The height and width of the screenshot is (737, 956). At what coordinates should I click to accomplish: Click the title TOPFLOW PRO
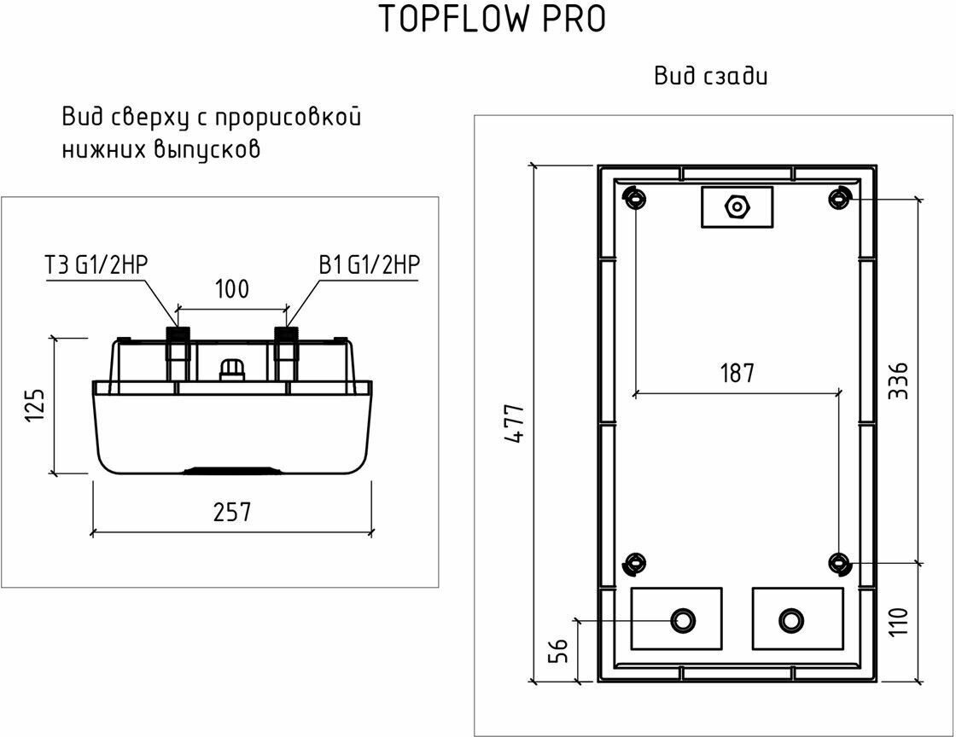point(493,20)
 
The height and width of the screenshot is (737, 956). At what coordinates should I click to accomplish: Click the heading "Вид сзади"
point(711,76)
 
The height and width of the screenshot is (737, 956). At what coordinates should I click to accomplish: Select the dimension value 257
point(231,512)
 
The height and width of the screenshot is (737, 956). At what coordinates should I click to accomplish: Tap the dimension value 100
point(231,289)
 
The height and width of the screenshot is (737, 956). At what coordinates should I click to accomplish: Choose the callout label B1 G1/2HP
point(370,264)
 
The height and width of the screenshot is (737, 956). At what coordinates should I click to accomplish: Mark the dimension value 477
point(514,422)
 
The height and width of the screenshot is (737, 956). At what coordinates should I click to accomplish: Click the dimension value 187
point(737,373)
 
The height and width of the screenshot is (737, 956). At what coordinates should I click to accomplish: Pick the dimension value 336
point(898,381)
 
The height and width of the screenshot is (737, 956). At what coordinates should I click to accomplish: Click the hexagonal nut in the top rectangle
point(736,206)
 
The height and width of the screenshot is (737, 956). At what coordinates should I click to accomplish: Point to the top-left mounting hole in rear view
point(634,197)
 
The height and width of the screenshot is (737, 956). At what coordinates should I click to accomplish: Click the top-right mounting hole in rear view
point(841,197)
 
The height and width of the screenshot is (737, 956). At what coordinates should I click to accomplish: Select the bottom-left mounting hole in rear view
point(634,563)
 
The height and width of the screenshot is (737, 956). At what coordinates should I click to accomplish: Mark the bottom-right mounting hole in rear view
point(841,563)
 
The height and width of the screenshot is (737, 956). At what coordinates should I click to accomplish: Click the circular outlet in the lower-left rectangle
point(682,619)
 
